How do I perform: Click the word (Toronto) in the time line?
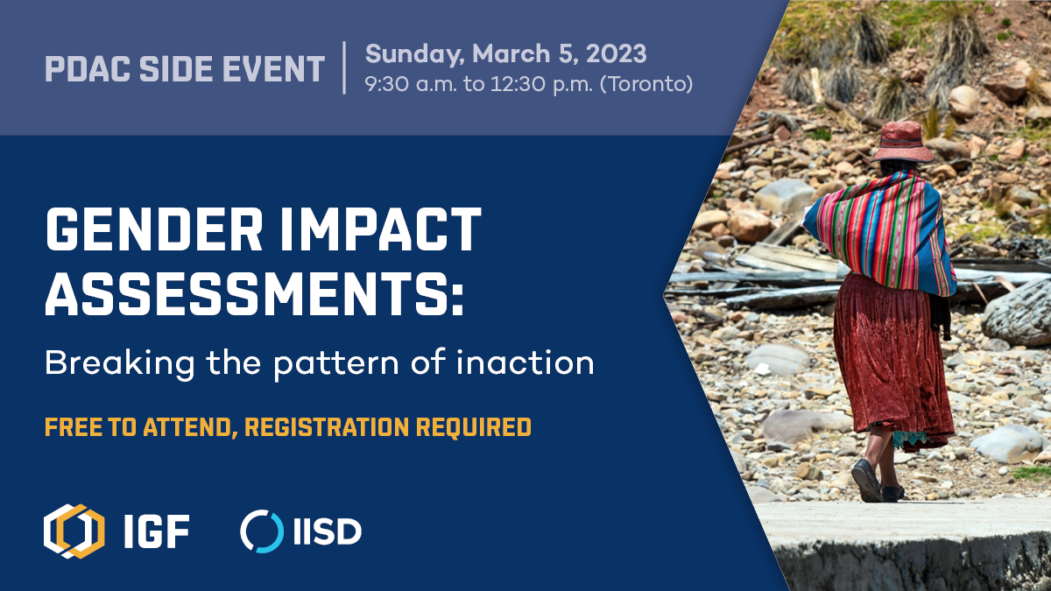(646, 84)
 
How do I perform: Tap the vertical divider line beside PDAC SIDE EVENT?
(345, 67)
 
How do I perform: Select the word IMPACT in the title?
(381, 229)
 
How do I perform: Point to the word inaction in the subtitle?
(525, 362)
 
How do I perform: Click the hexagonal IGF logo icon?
(74, 531)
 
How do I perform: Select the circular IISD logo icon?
(262, 531)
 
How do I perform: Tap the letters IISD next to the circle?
(328, 531)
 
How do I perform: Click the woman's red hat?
(902, 142)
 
